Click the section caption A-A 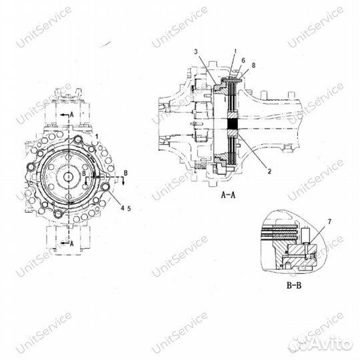[x=229, y=195]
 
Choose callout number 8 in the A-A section [x=253, y=65]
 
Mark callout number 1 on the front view [x=97, y=136]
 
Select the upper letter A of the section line [x=69, y=115]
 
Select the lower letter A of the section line [x=69, y=244]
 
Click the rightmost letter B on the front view [x=124, y=173]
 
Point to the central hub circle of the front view [x=69, y=176]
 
